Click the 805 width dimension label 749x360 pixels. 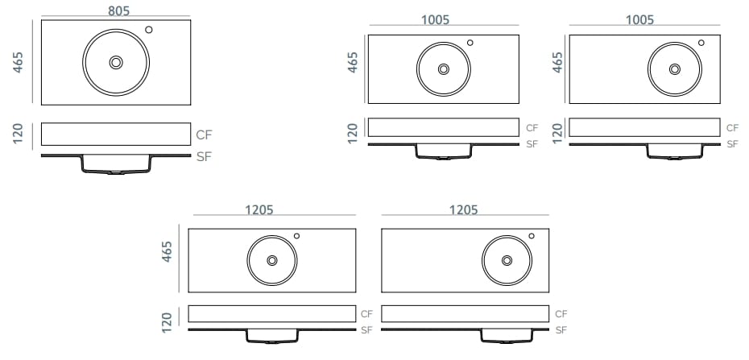click(x=118, y=10)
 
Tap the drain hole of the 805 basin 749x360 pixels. click(x=116, y=63)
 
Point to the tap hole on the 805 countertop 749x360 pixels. click(x=148, y=30)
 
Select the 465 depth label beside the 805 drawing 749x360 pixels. click(x=19, y=62)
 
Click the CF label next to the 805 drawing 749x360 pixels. click(x=204, y=134)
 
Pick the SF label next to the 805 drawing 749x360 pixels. click(x=204, y=156)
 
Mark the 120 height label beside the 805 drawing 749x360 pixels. click(x=19, y=134)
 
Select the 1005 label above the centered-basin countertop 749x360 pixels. click(x=435, y=19)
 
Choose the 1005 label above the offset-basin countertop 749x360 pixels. click(x=639, y=19)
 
